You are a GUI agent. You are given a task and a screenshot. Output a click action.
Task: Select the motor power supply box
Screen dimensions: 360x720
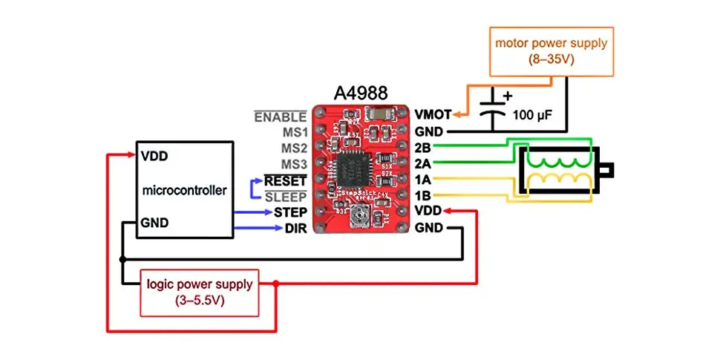[552, 51]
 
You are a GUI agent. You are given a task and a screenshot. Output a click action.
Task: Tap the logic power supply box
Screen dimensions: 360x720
[199, 292]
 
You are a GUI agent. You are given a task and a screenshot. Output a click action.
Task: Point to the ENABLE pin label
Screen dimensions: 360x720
[280, 117]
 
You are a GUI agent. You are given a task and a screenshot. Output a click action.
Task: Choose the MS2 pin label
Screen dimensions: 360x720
[293, 147]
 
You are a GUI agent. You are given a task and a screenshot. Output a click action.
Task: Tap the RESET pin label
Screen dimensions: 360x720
[285, 180]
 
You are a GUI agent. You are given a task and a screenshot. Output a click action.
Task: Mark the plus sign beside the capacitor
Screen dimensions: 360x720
[508, 95]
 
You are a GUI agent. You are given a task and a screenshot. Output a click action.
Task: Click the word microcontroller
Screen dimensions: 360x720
[184, 191]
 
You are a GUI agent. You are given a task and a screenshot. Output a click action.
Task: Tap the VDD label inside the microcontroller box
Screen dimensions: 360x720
[154, 157]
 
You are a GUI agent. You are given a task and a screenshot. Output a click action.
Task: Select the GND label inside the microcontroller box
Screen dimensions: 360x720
[154, 223]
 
